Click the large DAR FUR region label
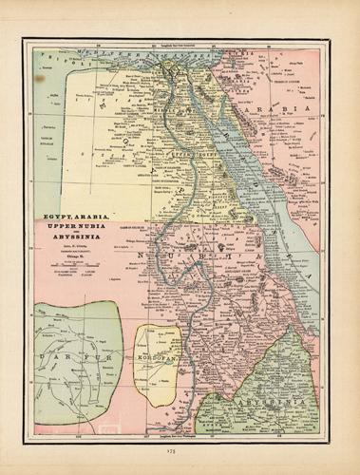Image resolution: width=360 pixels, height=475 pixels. click(70, 360)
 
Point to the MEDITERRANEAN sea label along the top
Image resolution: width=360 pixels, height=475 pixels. click(104, 46)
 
